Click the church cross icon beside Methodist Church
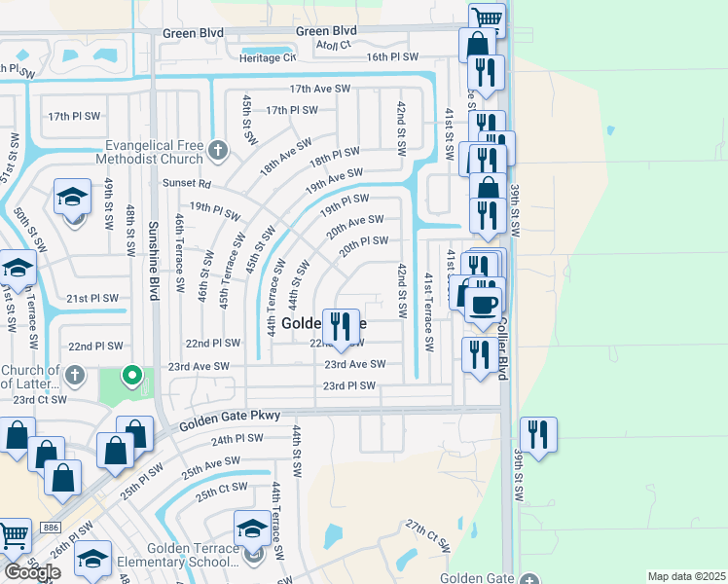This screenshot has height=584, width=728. [219, 151]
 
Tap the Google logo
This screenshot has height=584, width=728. [32, 571]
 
